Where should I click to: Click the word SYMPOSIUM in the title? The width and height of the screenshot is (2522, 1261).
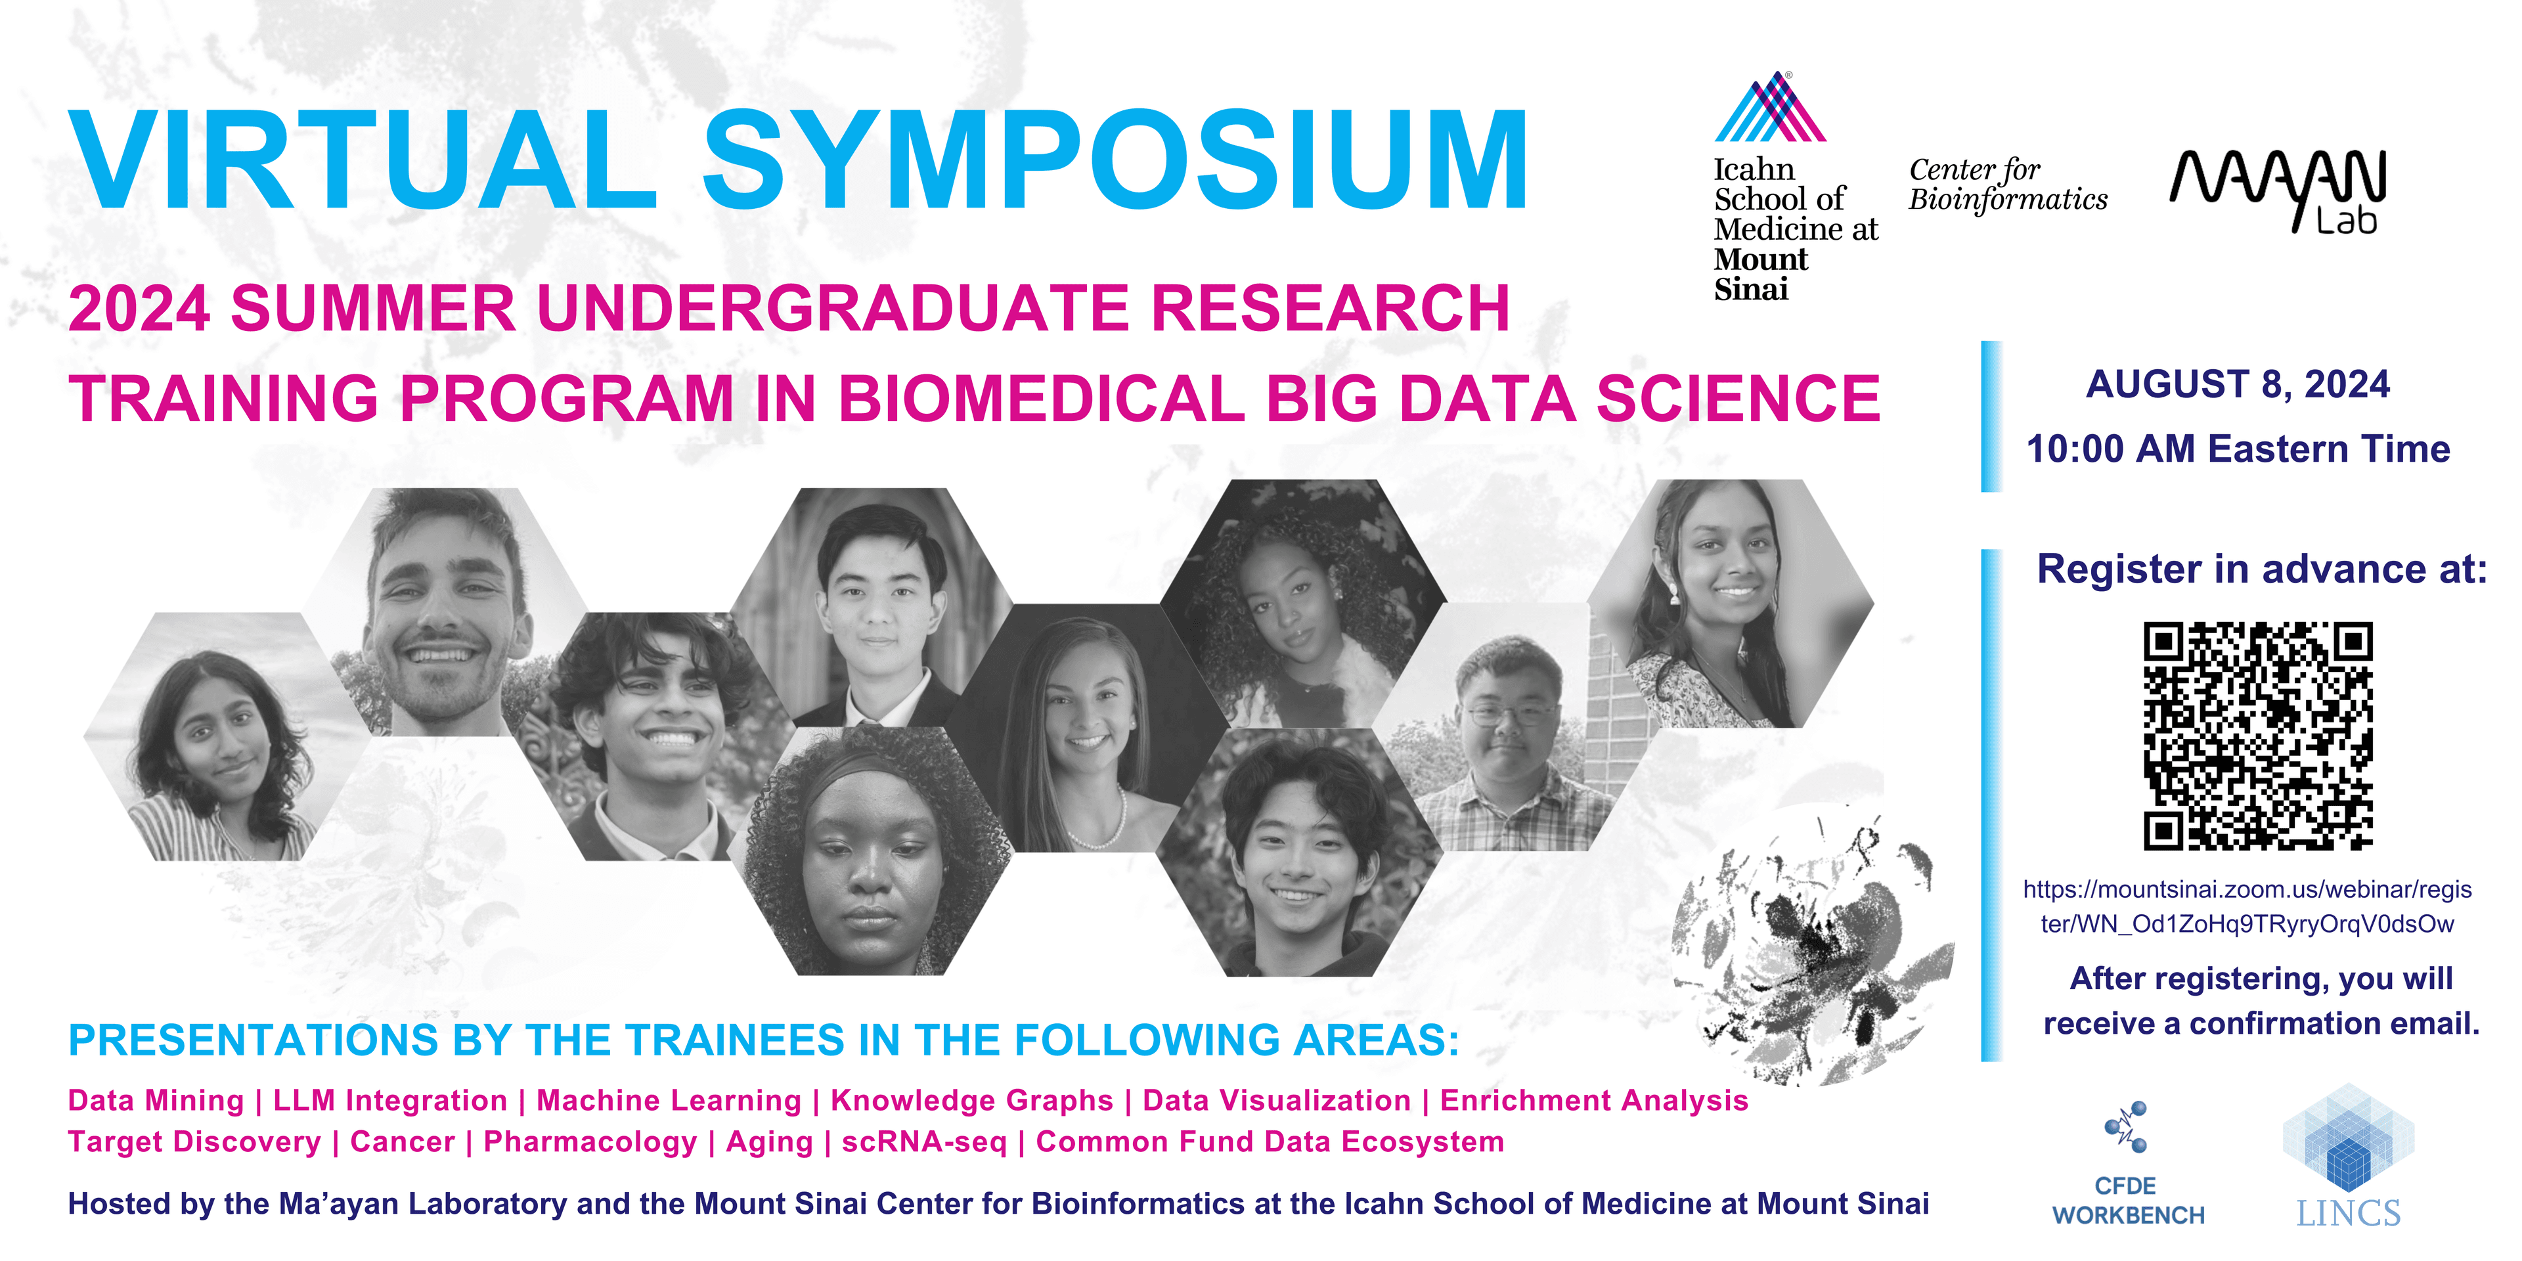tap(1114, 162)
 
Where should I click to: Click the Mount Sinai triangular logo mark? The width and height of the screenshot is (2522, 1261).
tap(1770, 108)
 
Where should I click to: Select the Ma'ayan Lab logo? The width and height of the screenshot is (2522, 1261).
tap(2278, 192)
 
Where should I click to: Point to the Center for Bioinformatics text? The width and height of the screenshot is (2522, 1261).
tap(2007, 184)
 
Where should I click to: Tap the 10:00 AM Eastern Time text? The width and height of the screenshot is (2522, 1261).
tap(2238, 449)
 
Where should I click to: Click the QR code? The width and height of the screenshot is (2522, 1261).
tap(2258, 736)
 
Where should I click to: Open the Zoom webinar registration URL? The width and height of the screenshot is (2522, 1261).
tap(2248, 906)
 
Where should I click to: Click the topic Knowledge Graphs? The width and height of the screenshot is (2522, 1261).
tap(971, 1101)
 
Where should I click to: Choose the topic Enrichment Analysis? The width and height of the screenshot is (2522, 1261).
tap(1594, 1101)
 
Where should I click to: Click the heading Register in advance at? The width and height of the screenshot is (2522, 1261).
tap(2261, 569)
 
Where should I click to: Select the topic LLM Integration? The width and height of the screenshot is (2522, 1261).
tap(389, 1101)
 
